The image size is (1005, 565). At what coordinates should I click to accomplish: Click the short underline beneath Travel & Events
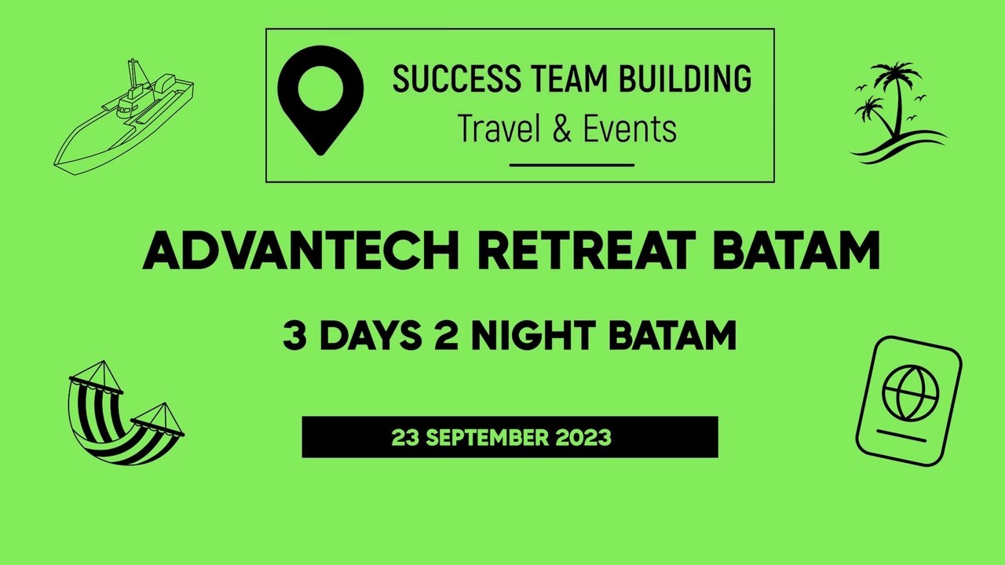(572, 165)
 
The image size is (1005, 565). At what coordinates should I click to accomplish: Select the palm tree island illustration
(895, 114)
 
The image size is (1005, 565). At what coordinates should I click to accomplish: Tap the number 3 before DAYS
(294, 336)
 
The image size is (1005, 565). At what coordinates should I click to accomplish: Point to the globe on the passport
(909, 392)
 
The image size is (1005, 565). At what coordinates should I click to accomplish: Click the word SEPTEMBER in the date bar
(500, 438)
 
